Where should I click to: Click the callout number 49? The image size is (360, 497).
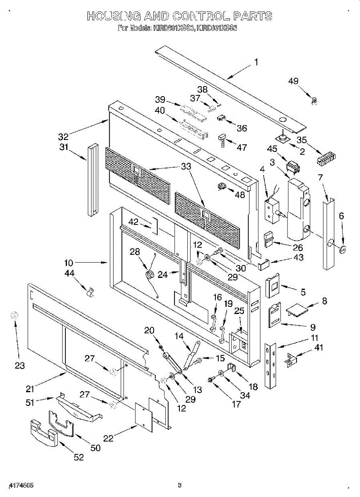(293, 81)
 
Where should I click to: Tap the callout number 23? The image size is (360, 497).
(20, 366)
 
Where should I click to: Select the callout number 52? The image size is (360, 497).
(79, 457)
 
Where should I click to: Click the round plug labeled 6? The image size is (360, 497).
(343, 249)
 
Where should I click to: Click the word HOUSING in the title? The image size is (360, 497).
(113, 16)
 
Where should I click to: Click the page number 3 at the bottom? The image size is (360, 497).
(179, 485)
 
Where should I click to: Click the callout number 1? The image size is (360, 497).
(256, 62)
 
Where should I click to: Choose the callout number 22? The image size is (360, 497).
(109, 438)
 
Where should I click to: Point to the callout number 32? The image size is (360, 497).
(63, 136)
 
